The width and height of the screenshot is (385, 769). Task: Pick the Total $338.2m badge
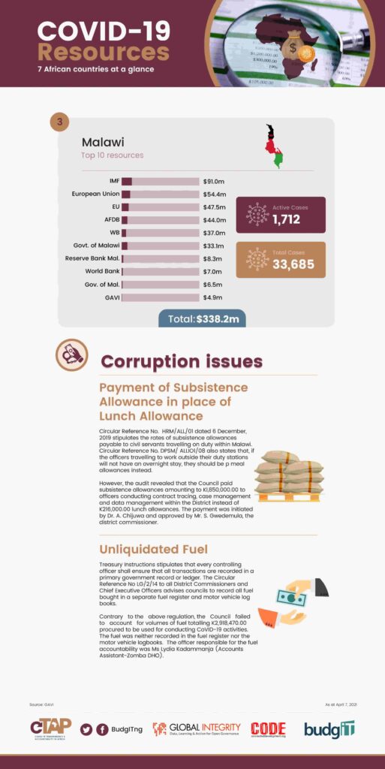[x=202, y=319]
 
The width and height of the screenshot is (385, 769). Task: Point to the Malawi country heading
[x=103, y=141]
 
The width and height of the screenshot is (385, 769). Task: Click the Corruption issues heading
[x=182, y=361]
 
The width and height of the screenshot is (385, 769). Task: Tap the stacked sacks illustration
[x=287, y=477]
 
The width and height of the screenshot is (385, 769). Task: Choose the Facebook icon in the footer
[x=102, y=729]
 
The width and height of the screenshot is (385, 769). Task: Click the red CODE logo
[x=268, y=728]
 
